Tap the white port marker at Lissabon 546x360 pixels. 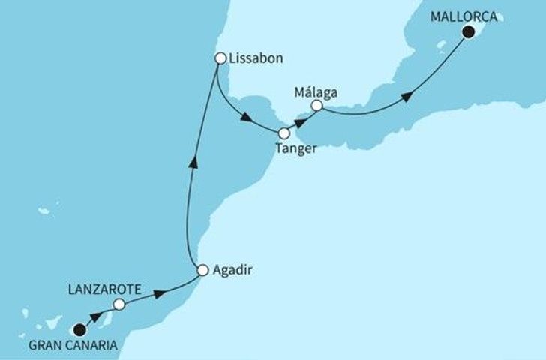pos(220,57)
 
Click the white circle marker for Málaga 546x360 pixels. pos(316,106)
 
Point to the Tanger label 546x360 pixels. pos(297,149)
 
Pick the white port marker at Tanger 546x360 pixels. pos(283,134)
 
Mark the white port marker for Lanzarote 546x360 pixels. pos(118,304)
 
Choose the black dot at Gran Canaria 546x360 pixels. pos(79,328)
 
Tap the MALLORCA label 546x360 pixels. pos(463,15)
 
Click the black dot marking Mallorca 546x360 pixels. pos(469,32)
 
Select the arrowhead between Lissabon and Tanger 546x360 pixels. pos(246,117)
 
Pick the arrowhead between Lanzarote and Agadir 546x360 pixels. pos(160,292)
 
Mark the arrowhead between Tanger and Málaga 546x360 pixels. pos(300,118)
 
